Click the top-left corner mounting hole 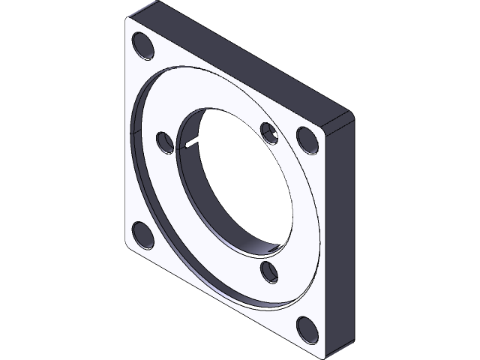click(142, 46)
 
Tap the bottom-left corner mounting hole click(140, 235)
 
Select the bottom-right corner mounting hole click(307, 328)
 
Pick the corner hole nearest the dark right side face click(307, 138)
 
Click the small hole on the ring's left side click(165, 141)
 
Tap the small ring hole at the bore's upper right click(269, 133)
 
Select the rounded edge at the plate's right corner click(349, 117)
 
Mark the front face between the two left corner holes click(131, 142)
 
